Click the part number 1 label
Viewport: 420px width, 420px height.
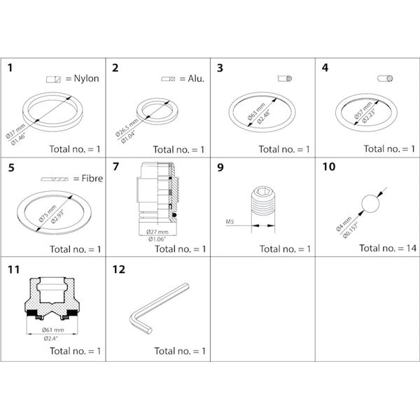pyautogui.click(x=10, y=68)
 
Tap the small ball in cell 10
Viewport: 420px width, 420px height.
pyautogui.click(x=368, y=204)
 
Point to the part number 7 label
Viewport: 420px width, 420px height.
pyautogui.click(x=115, y=168)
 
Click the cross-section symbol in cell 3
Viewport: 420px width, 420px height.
pyautogui.click(x=285, y=79)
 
